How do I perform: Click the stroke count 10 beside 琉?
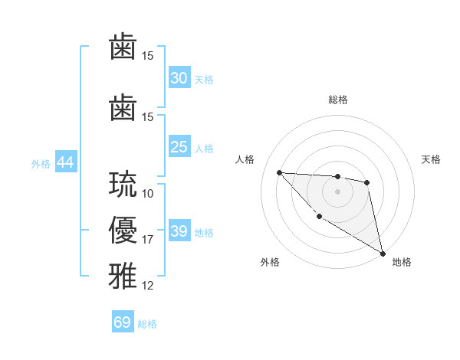pyautogui.click(x=148, y=194)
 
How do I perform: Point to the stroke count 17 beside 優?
pyautogui.click(x=148, y=240)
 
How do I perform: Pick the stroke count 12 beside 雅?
pyautogui.click(x=148, y=286)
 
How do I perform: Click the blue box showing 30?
pyautogui.click(x=179, y=78)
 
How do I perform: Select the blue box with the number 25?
pyautogui.click(x=179, y=147)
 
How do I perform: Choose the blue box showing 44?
pyautogui.click(x=65, y=162)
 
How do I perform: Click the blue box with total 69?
pyautogui.click(x=123, y=322)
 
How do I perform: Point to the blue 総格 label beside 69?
pyautogui.click(x=147, y=324)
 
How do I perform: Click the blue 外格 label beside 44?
pyautogui.click(x=41, y=163)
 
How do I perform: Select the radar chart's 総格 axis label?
pyautogui.click(x=337, y=100)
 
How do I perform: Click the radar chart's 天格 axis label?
pyautogui.click(x=432, y=159)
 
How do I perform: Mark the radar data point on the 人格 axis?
pyautogui.click(x=279, y=172)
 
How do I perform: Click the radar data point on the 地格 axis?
pyautogui.click(x=384, y=254)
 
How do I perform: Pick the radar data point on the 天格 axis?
pyautogui.click(x=367, y=182)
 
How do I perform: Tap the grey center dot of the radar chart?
pyautogui.click(x=337, y=191)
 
